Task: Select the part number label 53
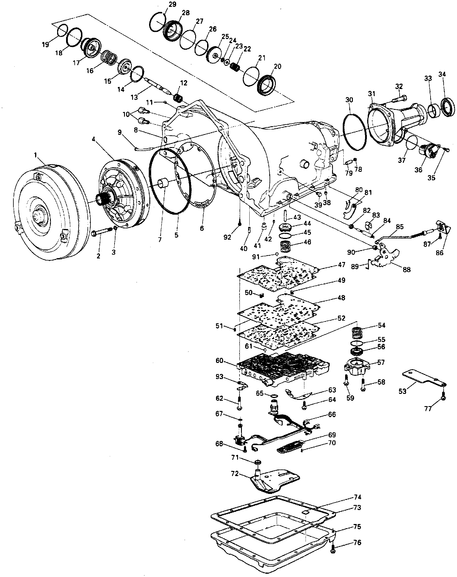point(402,391)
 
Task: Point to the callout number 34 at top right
point(442,74)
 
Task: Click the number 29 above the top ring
point(172,4)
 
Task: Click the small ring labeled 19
point(62,31)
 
